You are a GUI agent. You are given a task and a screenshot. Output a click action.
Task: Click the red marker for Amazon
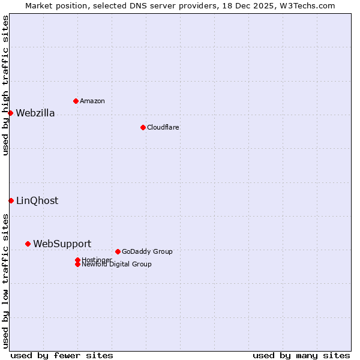click(x=76, y=101)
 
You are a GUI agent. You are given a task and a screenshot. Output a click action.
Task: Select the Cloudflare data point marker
click(x=143, y=127)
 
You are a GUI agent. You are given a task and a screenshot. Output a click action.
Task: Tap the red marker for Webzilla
click(x=10, y=113)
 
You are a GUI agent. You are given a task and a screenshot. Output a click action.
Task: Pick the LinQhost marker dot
click(x=11, y=200)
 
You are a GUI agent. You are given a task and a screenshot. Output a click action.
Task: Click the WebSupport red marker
click(x=28, y=244)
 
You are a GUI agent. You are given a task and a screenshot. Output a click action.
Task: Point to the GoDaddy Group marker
click(x=118, y=251)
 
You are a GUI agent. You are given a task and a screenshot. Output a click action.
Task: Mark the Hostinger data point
click(x=77, y=260)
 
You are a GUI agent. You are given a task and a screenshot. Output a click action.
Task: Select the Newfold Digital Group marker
click(x=77, y=264)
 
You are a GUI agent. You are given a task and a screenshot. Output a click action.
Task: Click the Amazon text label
click(x=92, y=101)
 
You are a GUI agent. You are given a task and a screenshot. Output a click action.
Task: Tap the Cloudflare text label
click(x=163, y=127)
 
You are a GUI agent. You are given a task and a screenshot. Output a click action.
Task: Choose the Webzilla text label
click(x=35, y=113)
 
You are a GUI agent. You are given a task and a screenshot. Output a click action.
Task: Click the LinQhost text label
click(x=37, y=201)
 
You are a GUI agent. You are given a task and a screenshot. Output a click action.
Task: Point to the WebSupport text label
click(x=62, y=244)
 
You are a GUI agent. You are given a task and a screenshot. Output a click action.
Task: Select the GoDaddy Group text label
click(x=147, y=251)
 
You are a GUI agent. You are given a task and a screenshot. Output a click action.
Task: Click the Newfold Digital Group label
click(x=116, y=265)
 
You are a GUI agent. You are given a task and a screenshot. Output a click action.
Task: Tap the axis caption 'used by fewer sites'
click(x=62, y=355)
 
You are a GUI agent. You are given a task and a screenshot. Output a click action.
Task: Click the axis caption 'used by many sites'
click(x=301, y=355)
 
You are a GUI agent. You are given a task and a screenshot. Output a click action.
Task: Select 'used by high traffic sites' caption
click(x=6, y=85)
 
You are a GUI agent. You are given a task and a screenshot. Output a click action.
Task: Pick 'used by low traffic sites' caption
click(x=6, y=280)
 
